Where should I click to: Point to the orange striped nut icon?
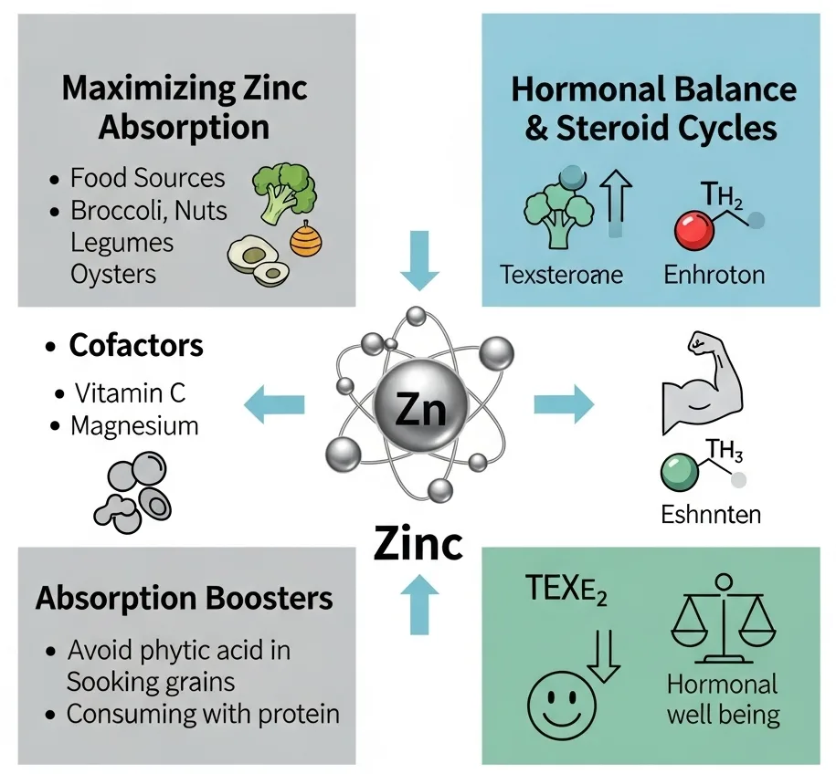coord(306,239)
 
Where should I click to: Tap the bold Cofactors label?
coord(135,347)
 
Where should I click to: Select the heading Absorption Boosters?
coord(184,599)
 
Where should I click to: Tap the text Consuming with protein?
coord(202,713)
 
